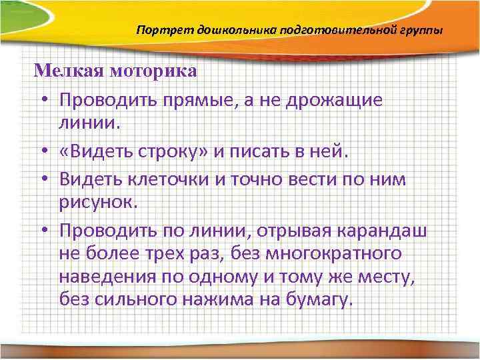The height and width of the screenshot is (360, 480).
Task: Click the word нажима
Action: coord(217,300)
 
